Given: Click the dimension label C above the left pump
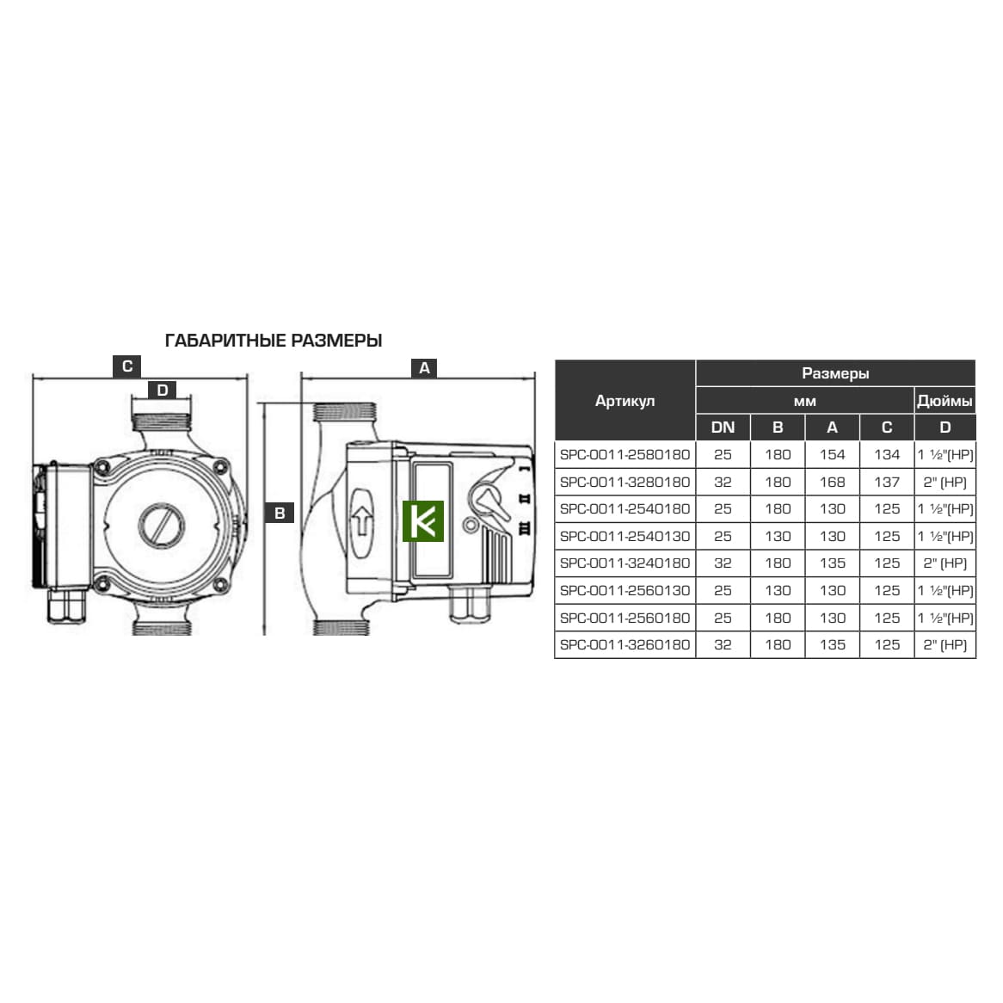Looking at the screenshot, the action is [x=126, y=366].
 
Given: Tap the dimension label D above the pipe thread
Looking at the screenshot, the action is [x=163, y=391].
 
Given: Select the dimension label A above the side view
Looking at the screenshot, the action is [x=424, y=368].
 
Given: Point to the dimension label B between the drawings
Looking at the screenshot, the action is [x=280, y=513].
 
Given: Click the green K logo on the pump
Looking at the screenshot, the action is [x=423, y=521].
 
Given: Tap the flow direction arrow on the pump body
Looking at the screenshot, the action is [x=362, y=522].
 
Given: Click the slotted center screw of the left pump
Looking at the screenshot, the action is [x=161, y=526].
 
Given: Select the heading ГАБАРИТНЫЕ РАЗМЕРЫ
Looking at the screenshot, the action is [x=274, y=341].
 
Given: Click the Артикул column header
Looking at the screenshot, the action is [x=625, y=401].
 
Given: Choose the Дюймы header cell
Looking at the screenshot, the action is [x=945, y=401].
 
